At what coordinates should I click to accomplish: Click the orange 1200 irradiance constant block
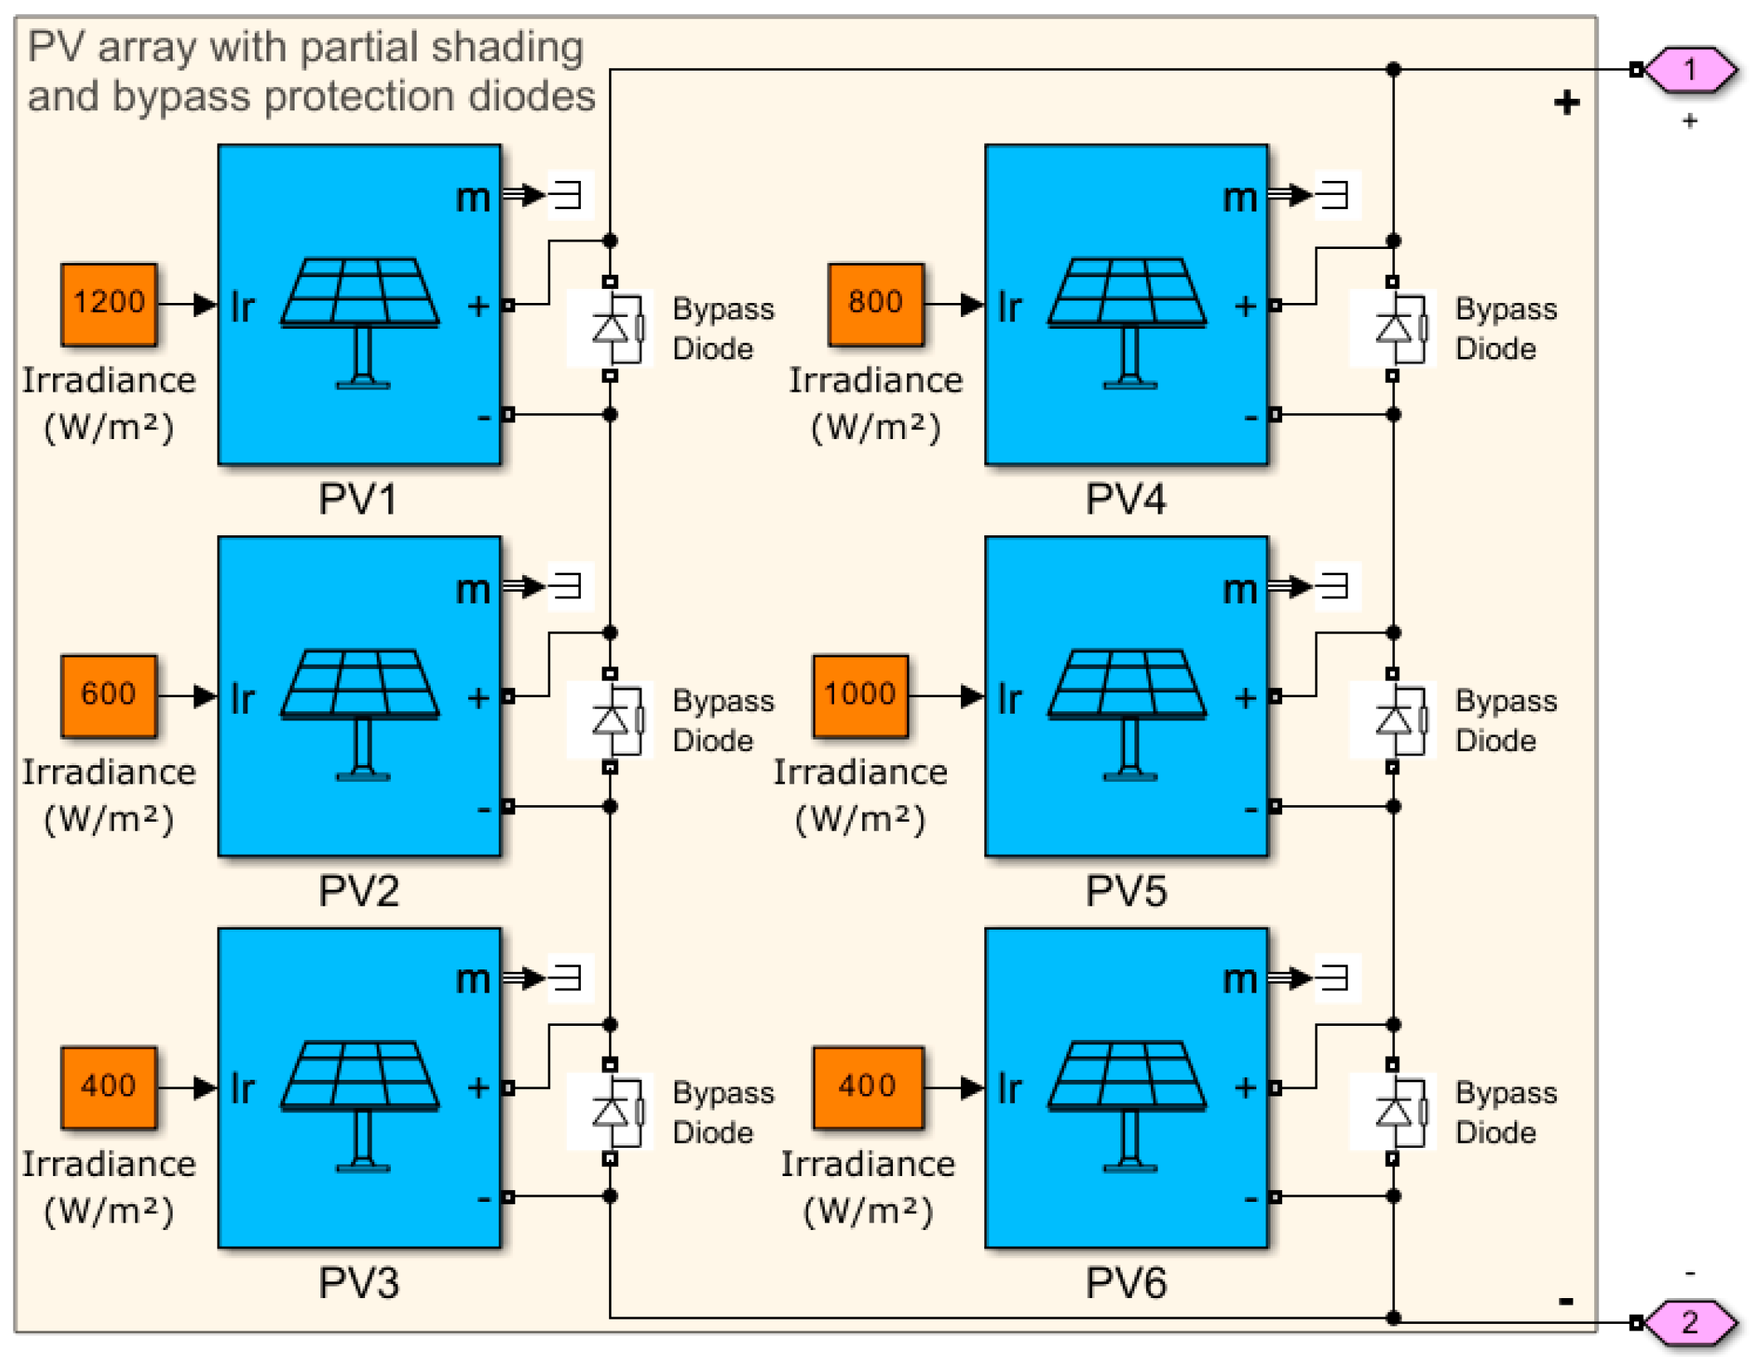[x=109, y=304]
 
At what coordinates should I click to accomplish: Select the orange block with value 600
[x=109, y=696]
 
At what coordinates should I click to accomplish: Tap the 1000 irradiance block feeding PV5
[x=861, y=696]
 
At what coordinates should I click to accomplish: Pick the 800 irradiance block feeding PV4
[x=875, y=304]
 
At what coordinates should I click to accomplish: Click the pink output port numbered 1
[x=1690, y=70]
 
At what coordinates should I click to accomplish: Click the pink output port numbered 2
[x=1690, y=1322]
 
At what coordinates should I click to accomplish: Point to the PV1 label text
[x=358, y=499]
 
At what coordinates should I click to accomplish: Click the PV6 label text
[x=1126, y=1282]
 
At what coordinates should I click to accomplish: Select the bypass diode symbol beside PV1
[x=612, y=328]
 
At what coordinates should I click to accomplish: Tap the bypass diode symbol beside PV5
[x=1394, y=720]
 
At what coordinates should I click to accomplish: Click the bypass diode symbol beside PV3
[x=612, y=1111]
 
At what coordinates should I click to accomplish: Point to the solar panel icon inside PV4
[x=1128, y=324]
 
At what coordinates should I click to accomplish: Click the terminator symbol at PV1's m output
[x=569, y=195]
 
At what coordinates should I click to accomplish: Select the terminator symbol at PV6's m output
[x=1336, y=978]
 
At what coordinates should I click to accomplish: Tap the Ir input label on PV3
[x=242, y=1088]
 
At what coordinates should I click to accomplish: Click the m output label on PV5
[x=1240, y=589]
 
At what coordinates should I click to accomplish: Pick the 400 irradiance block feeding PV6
[x=868, y=1087]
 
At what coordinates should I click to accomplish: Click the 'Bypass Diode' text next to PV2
[x=723, y=720]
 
